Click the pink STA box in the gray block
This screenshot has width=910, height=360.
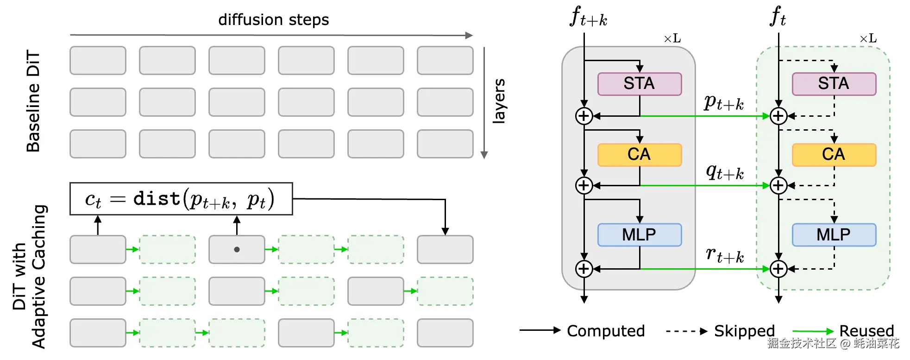pyautogui.click(x=639, y=84)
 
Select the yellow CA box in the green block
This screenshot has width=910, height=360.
pyautogui.click(x=834, y=155)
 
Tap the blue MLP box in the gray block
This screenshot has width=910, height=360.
pyautogui.click(x=639, y=235)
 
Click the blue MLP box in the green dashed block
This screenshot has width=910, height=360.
pyautogui.click(x=834, y=235)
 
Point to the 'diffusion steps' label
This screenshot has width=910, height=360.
pyautogui.click(x=273, y=20)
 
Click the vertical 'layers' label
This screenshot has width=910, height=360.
pyautogui.click(x=499, y=101)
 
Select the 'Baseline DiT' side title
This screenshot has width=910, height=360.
pyautogui.click(x=33, y=101)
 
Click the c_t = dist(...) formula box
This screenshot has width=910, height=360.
pyautogui.click(x=181, y=199)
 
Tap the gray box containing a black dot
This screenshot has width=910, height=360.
pyautogui.click(x=237, y=249)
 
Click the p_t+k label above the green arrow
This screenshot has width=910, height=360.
pyautogui.click(x=723, y=102)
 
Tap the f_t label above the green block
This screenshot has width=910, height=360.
pyautogui.click(x=778, y=17)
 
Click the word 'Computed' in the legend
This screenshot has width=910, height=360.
pyautogui.click(x=606, y=331)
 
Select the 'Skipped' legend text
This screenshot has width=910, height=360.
pyautogui.click(x=744, y=331)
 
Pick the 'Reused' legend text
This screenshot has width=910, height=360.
pyautogui.click(x=866, y=331)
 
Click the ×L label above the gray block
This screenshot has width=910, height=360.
pyautogui.click(x=672, y=39)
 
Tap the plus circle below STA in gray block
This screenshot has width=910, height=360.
pyautogui.click(x=584, y=116)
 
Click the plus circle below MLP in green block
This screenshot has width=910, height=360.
pyautogui.click(x=778, y=269)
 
